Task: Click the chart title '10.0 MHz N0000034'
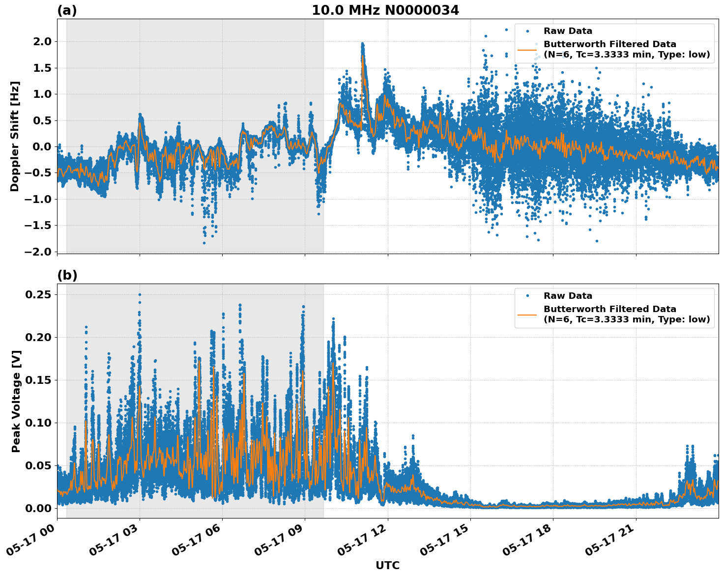(x=385, y=10)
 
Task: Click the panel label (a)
(x=67, y=10)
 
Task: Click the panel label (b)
(x=67, y=275)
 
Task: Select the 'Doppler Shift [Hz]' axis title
(x=15, y=136)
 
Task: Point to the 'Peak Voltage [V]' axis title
(x=16, y=401)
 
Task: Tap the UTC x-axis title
(x=387, y=565)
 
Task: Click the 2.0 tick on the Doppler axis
(x=42, y=42)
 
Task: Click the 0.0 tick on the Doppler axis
(x=42, y=146)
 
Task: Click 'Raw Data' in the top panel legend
(x=568, y=31)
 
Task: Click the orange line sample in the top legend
(x=527, y=50)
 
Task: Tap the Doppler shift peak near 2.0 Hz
(x=362, y=44)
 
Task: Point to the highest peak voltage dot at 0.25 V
(x=140, y=295)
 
